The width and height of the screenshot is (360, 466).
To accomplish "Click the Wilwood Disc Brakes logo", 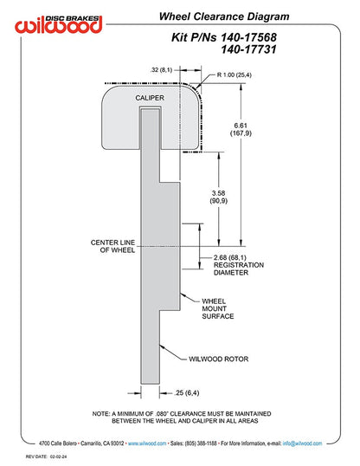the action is coord(59,24).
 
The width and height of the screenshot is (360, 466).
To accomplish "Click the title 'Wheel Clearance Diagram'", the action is coord(224,16).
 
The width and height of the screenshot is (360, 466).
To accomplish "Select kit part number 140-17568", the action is coord(248,37).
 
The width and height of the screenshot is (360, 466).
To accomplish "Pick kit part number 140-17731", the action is coord(248,49).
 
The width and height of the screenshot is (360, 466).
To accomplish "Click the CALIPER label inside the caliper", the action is coord(150,98).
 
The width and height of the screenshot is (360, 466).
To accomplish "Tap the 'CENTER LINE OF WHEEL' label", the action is coord(112,246).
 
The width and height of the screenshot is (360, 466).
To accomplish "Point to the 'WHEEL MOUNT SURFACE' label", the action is coord(218,308).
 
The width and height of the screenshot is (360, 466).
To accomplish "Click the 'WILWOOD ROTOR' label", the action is coord(219,359).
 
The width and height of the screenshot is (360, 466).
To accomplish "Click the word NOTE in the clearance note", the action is coord(100,414).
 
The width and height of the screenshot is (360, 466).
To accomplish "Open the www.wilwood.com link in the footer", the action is coord(147,443).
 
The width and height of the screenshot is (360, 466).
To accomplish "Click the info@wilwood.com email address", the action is coord(302,443).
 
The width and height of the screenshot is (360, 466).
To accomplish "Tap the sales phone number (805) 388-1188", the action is coord(201,443).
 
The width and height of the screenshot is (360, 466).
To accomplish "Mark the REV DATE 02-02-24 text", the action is coord(46,456).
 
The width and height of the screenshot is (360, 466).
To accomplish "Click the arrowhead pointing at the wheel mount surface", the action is coord(183,295).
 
